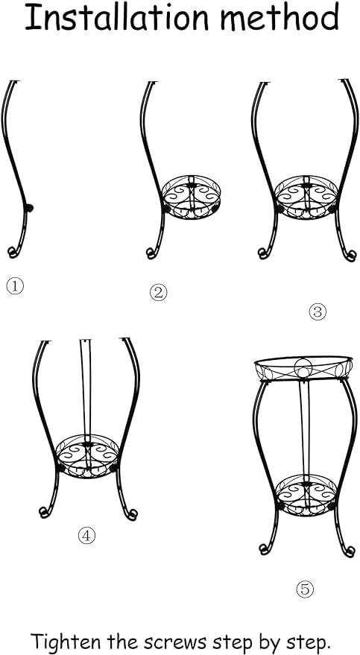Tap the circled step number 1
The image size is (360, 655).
(x=15, y=286)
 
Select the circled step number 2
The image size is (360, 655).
(x=158, y=293)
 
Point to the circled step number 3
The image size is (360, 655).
(x=318, y=311)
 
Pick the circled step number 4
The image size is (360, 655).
(x=86, y=535)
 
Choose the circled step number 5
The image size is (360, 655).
(x=305, y=589)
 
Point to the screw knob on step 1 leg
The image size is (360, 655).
(x=29, y=207)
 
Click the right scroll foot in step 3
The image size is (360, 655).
(x=350, y=255)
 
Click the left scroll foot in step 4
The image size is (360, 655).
(x=45, y=511)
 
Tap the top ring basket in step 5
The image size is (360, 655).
(x=303, y=368)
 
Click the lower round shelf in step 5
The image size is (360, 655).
(x=306, y=495)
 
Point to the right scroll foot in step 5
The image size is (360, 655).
(x=350, y=550)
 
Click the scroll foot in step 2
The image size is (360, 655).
(x=151, y=253)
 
